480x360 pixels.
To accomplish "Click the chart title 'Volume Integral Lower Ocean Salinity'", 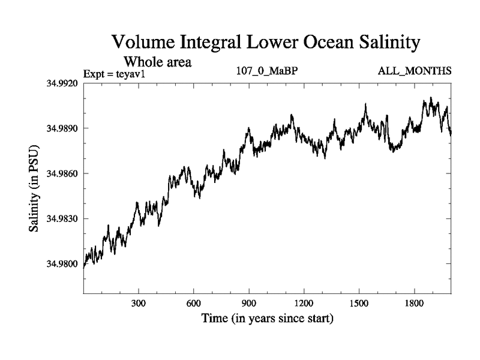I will (265, 43).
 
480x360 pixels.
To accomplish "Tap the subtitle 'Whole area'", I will (157, 61).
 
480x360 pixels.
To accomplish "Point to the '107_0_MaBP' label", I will (268, 71).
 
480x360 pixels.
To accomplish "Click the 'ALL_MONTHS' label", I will (414, 71).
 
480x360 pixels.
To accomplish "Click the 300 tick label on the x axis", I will (139, 304).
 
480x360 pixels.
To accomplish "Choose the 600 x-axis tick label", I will (194, 304).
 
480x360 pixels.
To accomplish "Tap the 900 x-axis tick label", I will (249, 304).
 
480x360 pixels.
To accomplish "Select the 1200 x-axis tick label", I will (304, 304).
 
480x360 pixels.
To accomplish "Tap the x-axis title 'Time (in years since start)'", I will (266, 318).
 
